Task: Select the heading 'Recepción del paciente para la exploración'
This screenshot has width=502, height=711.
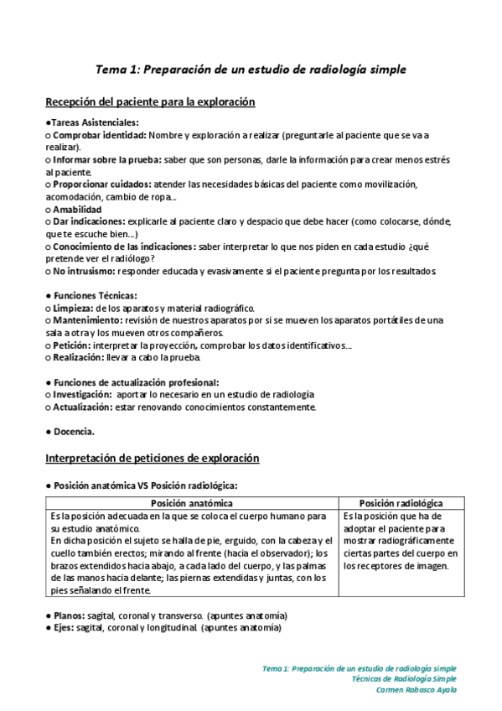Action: [149, 102]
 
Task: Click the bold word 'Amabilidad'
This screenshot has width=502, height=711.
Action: [77, 209]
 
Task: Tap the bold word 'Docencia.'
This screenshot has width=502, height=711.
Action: [73, 431]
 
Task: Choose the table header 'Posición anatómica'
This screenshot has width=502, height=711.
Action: [192, 503]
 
